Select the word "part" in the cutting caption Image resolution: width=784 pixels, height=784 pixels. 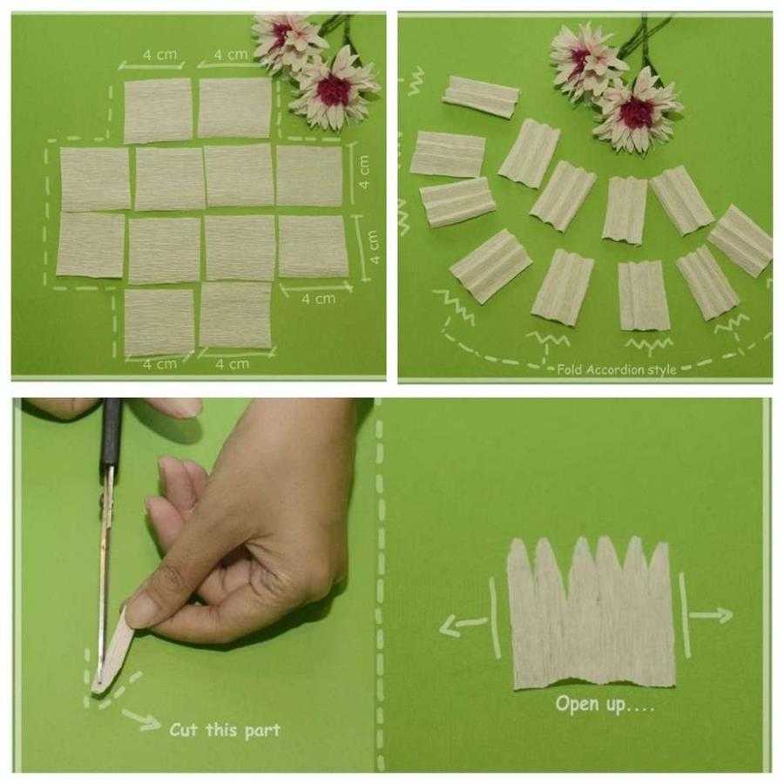click(262, 731)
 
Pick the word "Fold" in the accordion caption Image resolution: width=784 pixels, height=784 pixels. click(569, 369)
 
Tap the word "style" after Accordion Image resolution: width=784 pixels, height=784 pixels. click(662, 370)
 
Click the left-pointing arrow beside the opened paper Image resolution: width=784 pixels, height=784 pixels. click(463, 625)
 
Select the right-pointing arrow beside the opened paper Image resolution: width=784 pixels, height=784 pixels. click(711, 615)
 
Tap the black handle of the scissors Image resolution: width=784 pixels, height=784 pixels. click(111, 434)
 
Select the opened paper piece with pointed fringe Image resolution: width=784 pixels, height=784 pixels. click(591, 613)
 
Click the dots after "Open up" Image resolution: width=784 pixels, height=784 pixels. click(641, 707)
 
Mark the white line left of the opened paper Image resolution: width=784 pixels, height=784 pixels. click(496, 617)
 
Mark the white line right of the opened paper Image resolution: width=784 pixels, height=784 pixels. click(684, 614)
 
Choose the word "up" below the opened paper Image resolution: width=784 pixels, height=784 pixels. click(616, 705)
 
